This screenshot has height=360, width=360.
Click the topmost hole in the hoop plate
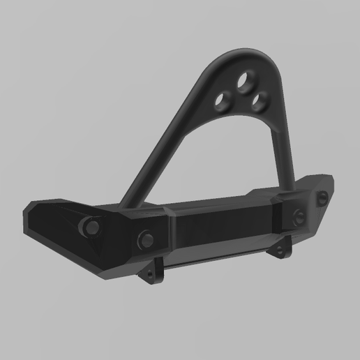click(246, 83)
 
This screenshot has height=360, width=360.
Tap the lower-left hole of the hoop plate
click(225, 100)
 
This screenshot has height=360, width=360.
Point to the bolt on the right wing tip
click(322, 199)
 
